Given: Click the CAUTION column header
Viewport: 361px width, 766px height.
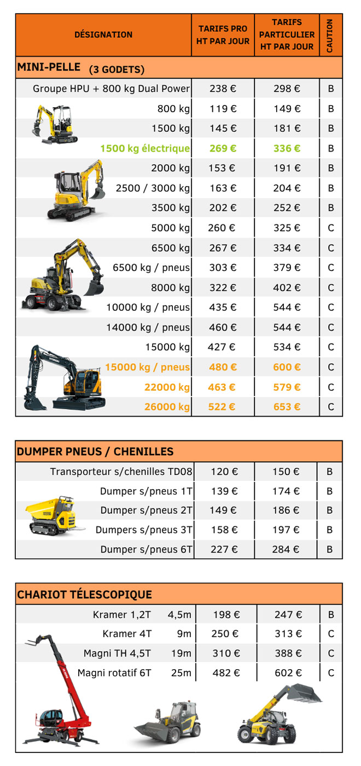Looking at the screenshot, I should tap(330, 35).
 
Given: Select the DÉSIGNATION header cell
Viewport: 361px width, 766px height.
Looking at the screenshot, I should tap(103, 34).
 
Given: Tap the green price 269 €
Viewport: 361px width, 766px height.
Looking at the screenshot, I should tap(223, 148).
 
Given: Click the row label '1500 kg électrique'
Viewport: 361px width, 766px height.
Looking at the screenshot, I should tap(145, 148).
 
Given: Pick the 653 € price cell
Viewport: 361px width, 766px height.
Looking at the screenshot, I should tap(287, 407).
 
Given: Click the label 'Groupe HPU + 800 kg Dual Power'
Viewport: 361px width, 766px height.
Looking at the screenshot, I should tap(111, 89).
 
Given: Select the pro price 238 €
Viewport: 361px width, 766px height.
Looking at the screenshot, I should tap(223, 89).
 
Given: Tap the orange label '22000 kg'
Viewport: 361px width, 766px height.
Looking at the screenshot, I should tap(167, 387).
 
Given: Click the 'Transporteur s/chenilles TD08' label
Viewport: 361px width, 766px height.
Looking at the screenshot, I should tap(121, 472).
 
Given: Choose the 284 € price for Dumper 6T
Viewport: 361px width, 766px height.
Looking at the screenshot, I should tap(286, 549).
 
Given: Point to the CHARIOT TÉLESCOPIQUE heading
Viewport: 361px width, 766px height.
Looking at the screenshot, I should tap(84, 594).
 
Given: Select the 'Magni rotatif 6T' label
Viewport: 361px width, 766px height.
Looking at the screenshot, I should tap(114, 672).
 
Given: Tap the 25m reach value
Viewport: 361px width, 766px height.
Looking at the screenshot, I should tap(181, 672).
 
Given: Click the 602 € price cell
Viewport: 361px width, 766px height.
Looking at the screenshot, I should tap(288, 672).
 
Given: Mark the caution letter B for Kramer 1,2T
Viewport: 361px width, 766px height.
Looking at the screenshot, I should tap(331, 614).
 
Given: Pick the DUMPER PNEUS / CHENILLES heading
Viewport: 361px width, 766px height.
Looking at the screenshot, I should tap(95, 451).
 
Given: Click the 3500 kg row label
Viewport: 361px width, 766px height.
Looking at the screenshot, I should tap(171, 208).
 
